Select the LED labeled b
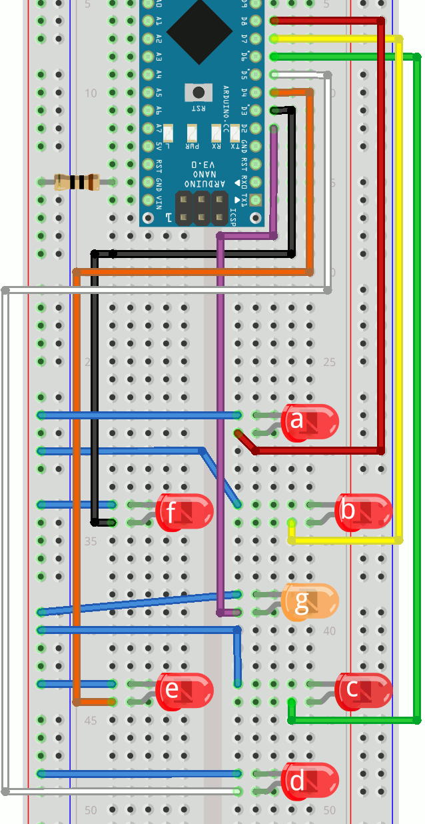pyautogui.click(x=362, y=512)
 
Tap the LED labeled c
pyautogui.click(x=362, y=690)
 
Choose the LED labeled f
pyautogui.click(x=184, y=512)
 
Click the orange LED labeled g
pyautogui.click(x=309, y=602)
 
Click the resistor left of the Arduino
pyautogui.click(x=77, y=181)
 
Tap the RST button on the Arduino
pyautogui.click(x=198, y=92)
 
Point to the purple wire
pyautogui.click(x=220, y=400)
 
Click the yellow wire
pyautogui.click(x=398, y=267)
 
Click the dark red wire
pyautogui.click(x=380, y=233)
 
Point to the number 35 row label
pyautogui.click(x=90, y=541)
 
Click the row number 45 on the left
pyautogui.click(x=90, y=721)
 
